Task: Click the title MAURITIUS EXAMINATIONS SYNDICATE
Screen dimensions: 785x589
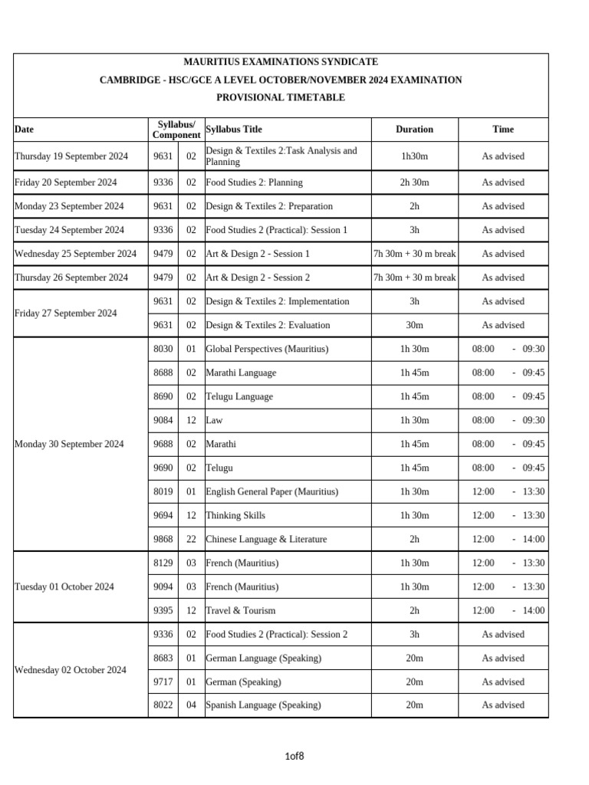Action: [281, 62]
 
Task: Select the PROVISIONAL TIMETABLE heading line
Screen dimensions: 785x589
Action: [281, 97]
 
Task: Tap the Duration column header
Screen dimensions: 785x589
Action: [414, 130]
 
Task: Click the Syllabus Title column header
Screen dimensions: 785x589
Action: [234, 130]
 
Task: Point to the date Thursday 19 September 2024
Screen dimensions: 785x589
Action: [71, 156]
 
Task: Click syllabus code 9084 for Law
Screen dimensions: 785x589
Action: [163, 420]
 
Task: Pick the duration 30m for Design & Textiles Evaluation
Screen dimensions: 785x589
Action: [414, 325]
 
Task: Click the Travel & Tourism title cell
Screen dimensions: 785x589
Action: [241, 610]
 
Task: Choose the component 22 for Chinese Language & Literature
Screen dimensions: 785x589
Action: [191, 539]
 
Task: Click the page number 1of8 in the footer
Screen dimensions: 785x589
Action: [294, 757]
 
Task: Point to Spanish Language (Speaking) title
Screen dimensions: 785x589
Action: [263, 705]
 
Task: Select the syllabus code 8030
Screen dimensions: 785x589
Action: [163, 349]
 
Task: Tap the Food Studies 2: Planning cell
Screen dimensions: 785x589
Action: [254, 182]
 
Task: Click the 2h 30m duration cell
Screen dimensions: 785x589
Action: [414, 182]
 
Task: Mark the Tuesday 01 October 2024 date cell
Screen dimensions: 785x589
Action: [64, 586]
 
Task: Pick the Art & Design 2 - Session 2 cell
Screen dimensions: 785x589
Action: [258, 278]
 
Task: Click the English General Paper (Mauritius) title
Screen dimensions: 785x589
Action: [271, 491]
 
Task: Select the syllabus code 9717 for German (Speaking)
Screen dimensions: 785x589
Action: [163, 682]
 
